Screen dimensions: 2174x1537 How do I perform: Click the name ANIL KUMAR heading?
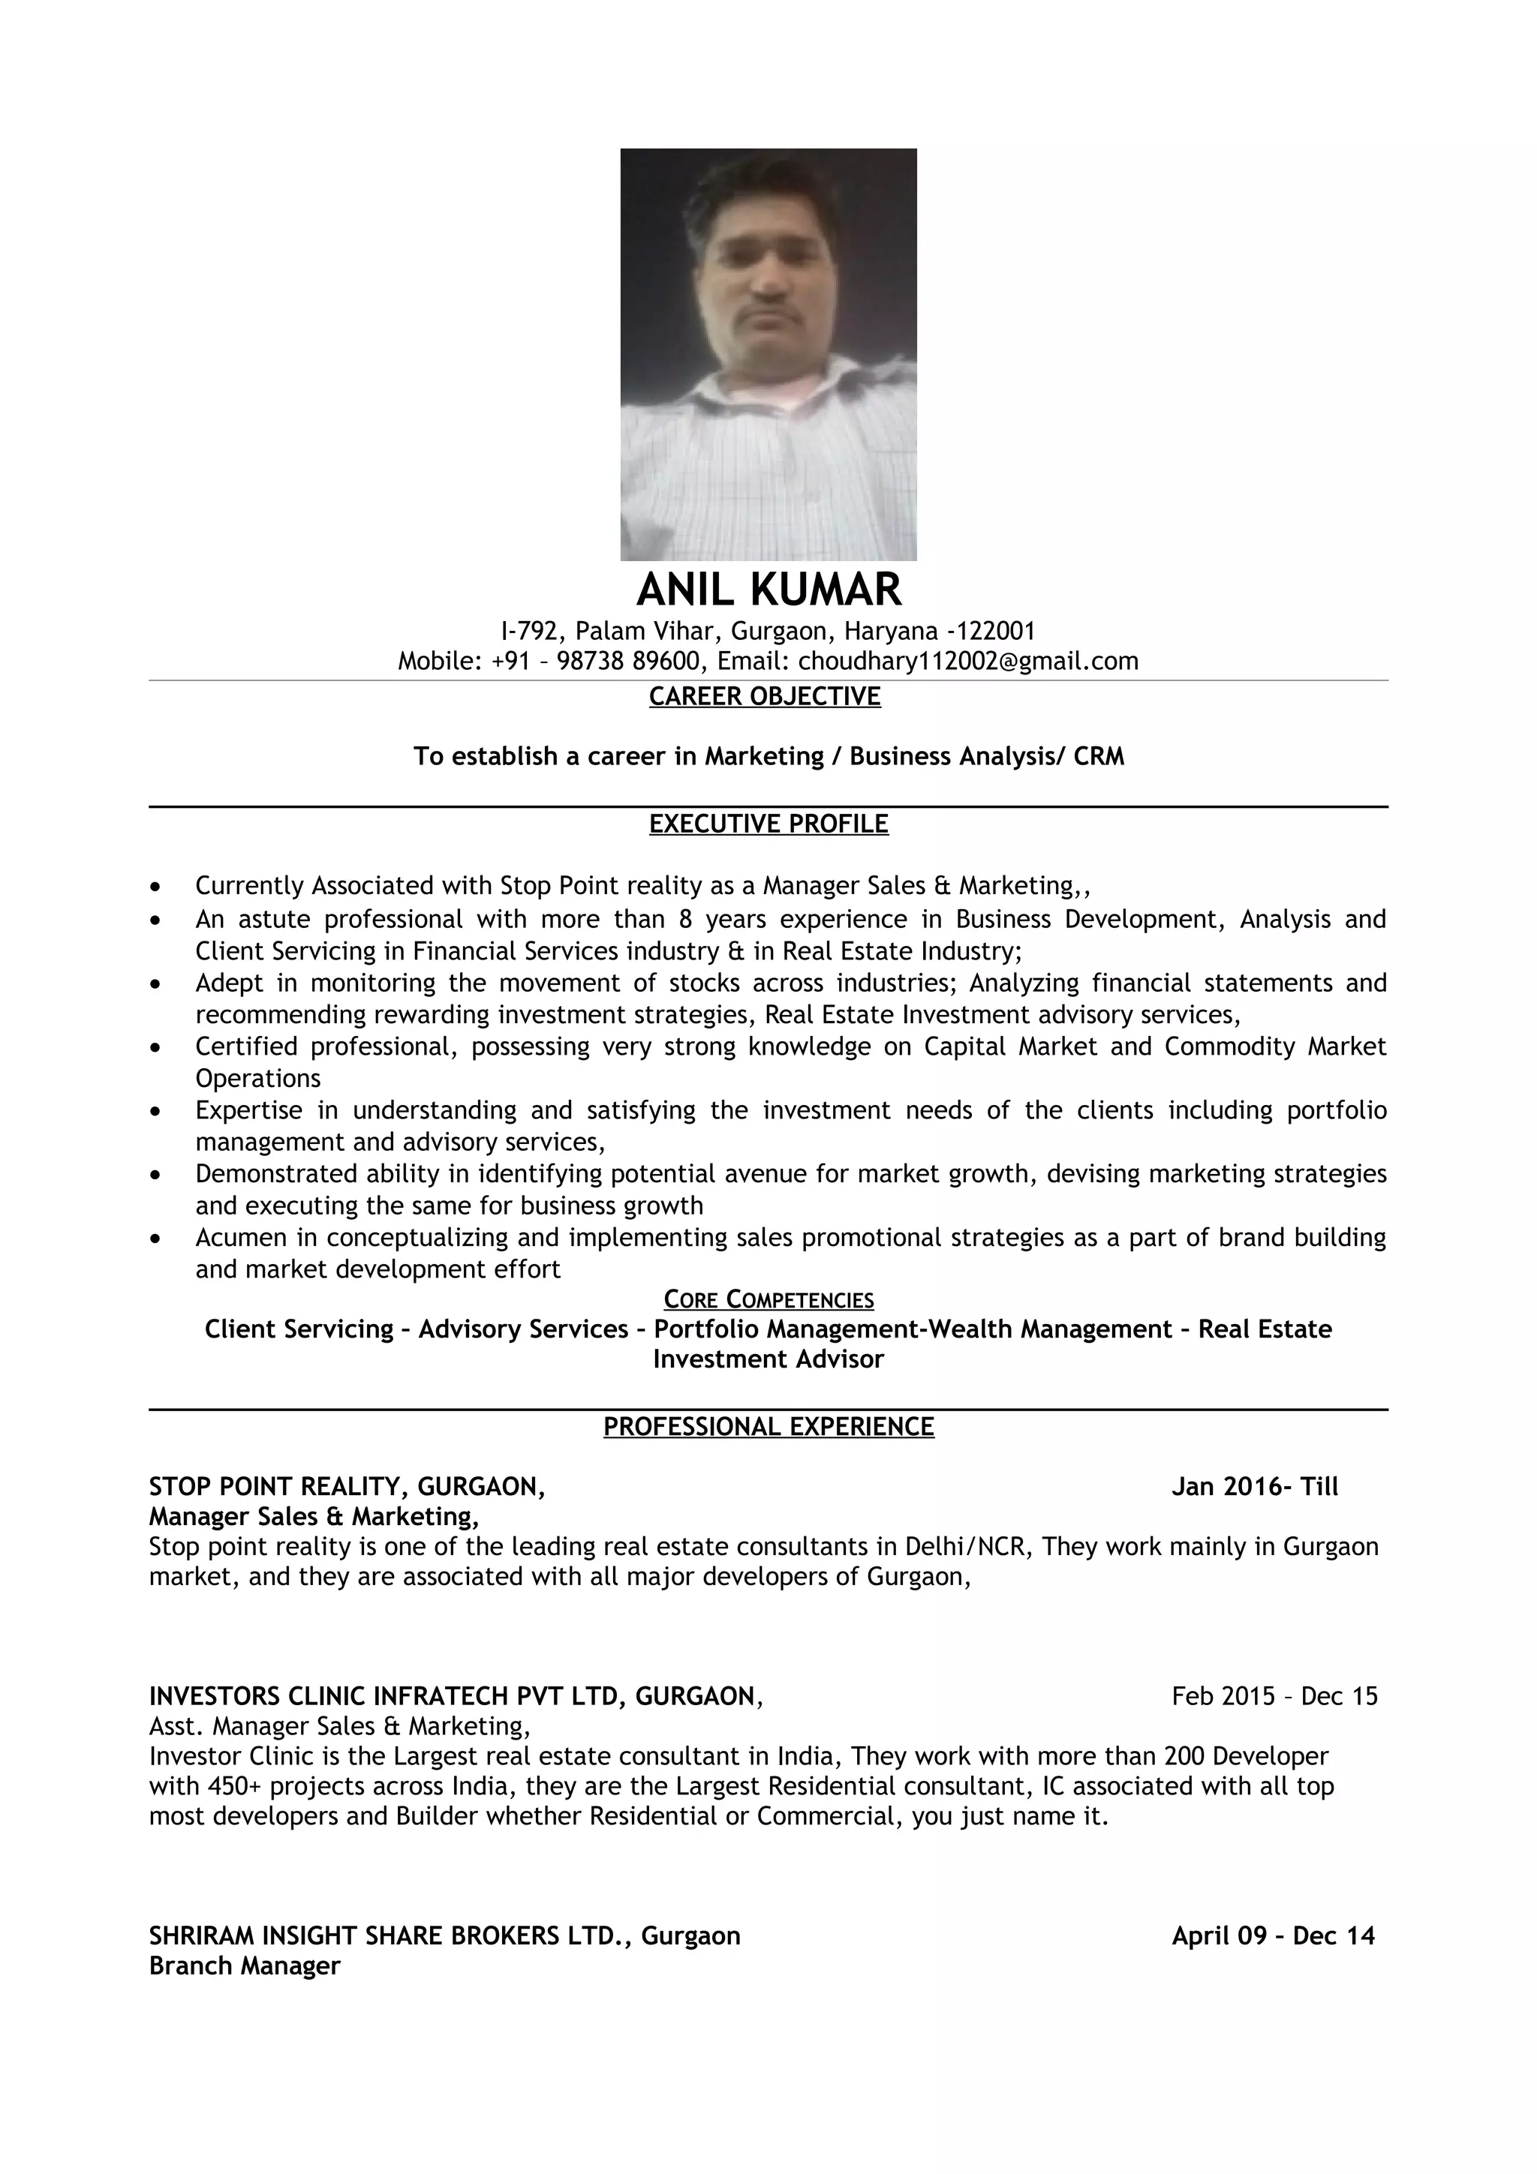768,589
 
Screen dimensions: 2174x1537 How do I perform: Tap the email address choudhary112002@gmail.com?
968,661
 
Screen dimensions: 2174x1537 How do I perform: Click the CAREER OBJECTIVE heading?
764,696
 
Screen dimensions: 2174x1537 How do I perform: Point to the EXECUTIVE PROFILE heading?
768,824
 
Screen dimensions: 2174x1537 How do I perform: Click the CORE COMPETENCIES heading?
768,1299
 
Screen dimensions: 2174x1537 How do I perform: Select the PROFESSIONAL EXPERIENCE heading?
768,1426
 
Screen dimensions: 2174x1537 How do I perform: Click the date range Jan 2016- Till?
1254,1487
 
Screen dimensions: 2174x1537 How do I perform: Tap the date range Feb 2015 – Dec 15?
1274,1696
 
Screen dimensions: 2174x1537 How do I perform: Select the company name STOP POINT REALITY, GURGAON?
347,1487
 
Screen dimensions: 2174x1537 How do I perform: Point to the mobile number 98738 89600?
629,661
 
